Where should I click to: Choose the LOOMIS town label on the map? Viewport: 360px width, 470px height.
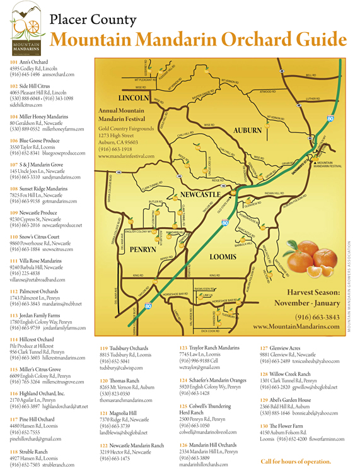pos(222,257)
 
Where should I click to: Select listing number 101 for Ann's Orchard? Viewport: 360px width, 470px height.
pos(14,62)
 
